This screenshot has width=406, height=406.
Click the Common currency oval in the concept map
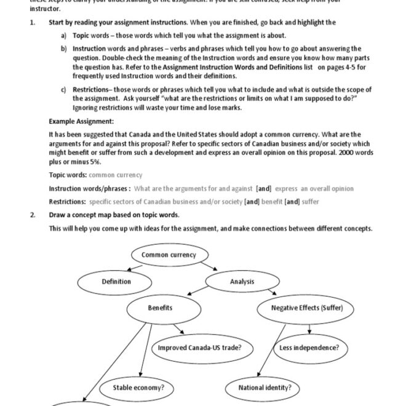[x=169, y=255]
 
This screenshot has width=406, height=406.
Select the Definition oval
[x=116, y=282]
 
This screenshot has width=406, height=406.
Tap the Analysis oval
[x=242, y=282]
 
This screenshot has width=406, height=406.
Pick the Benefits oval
[x=160, y=308]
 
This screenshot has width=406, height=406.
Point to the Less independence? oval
[x=309, y=348]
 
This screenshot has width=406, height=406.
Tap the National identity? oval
[x=265, y=388]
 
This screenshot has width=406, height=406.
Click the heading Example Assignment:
[x=81, y=121]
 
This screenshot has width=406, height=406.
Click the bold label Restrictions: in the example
[x=67, y=202]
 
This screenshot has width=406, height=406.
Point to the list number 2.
[x=33, y=215]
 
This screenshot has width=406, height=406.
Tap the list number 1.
[x=33, y=23]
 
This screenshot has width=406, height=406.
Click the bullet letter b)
[x=64, y=49]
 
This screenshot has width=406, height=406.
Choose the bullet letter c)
[x=64, y=90]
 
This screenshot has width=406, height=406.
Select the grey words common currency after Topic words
[x=120, y=175]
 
